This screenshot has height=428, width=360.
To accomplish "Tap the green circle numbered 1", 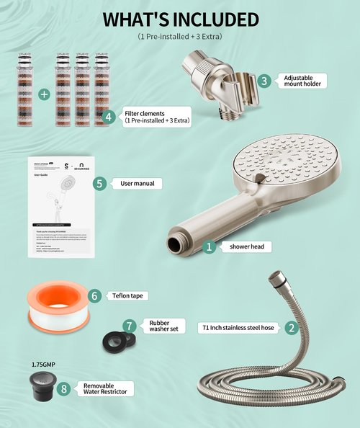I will pos(210,246).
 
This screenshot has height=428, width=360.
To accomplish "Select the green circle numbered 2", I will pos(291,327).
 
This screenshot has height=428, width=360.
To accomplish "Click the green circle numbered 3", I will pos(265,81).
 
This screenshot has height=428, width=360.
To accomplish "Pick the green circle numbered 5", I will pos(100,184).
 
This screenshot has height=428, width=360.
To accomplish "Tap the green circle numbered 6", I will pos(94,295).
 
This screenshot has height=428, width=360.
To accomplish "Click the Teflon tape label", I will pos(130,295).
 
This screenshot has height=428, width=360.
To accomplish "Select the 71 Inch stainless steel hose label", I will pos(239,327).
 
